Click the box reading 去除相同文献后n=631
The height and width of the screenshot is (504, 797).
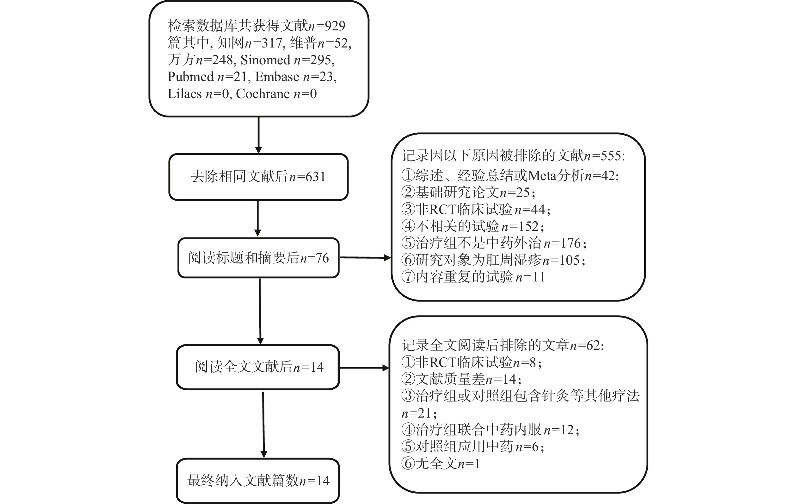[x=258, y=177]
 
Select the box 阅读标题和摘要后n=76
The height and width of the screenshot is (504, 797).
[x=258, y=258]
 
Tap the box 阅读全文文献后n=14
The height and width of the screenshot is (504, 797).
[x=258, y=367]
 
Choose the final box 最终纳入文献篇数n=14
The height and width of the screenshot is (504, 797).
[x=258, y=481]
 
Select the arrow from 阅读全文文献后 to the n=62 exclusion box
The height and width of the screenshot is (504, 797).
[x=364, y=368]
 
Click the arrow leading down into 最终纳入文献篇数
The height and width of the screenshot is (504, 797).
[x=263, y=424]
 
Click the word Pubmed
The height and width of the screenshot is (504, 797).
[x=191, y=77]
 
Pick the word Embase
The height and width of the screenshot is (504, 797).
[x=277, y=77]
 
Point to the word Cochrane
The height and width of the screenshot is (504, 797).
[x=263, y=94]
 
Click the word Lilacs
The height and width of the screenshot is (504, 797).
[x=184, y=94]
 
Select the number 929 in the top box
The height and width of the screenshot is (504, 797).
[x=335, y=26]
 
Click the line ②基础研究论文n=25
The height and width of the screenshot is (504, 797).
[x=468, y=192]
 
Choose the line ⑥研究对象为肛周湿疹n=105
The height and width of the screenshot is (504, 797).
[x=493, y=260]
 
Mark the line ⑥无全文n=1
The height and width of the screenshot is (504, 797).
[x=441, y=463]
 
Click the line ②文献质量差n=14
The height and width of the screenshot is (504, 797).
[x=461, y=379]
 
